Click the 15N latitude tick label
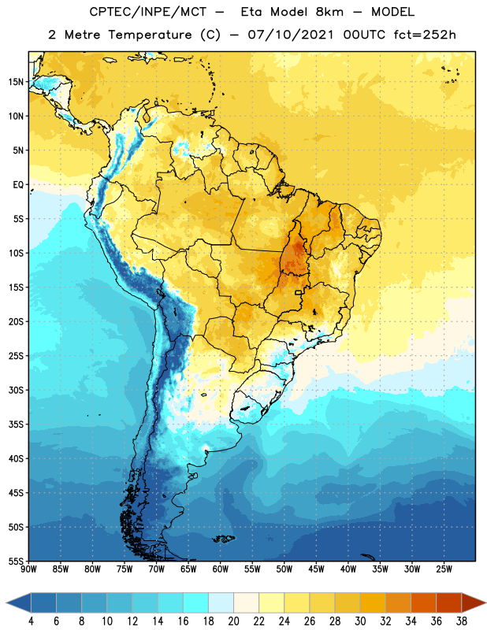click(x=16, y=82)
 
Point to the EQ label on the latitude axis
click(x=18, y=185)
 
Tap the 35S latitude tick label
click(x=16, y=424)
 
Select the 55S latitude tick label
click(x=16, y=561)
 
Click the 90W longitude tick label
click(x=28, y=569)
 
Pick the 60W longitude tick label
click(x=221, y=569)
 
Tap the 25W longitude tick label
click(x=444, y=569)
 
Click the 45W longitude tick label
click(x=316, y=569)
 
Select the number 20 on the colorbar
click(x=233, y=621)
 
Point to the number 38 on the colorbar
click(x=462, y=621)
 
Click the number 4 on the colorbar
click(x=31, y=621)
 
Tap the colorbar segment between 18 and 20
click(x=221, y=603)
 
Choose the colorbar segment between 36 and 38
click(x=449, y=603)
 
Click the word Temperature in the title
click(x=150, y=35)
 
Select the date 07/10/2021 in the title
click(x=291, y=35)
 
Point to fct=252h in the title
click(x=425, y=35)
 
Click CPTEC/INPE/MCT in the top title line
click(x=148, y=12)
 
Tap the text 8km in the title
click(x=329, y=12)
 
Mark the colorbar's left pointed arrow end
click(x=7, y=603)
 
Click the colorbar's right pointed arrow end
click(x=485, y=603)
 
